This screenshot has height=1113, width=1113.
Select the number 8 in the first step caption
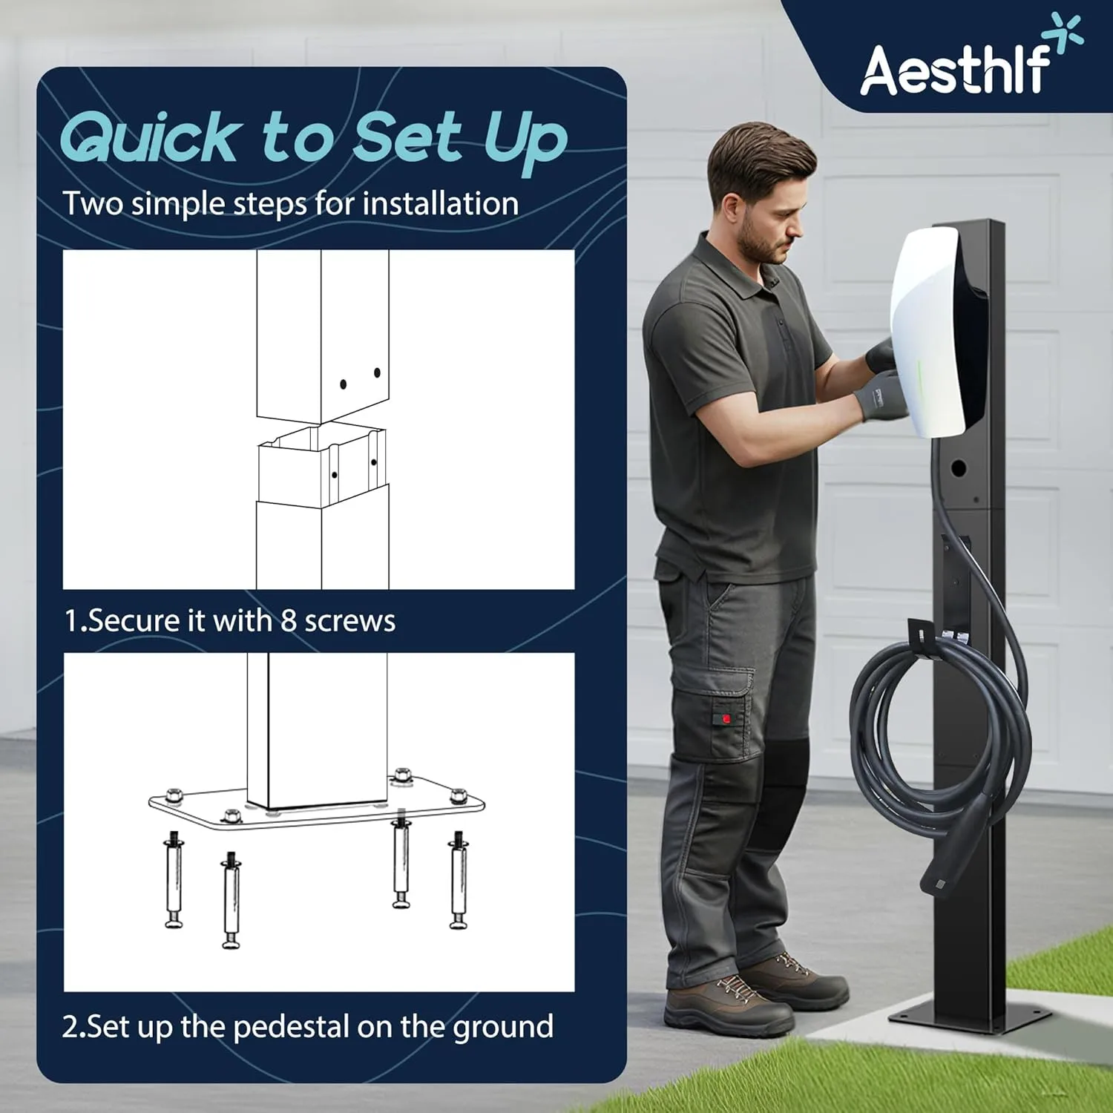tap(289, 620)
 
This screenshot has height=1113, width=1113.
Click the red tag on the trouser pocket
tap(726, 718)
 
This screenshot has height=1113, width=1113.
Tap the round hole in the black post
tap(958, 468)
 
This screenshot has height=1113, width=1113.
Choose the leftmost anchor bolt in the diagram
tap(174, 879)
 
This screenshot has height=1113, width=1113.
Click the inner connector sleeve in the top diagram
tap(322, 464)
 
